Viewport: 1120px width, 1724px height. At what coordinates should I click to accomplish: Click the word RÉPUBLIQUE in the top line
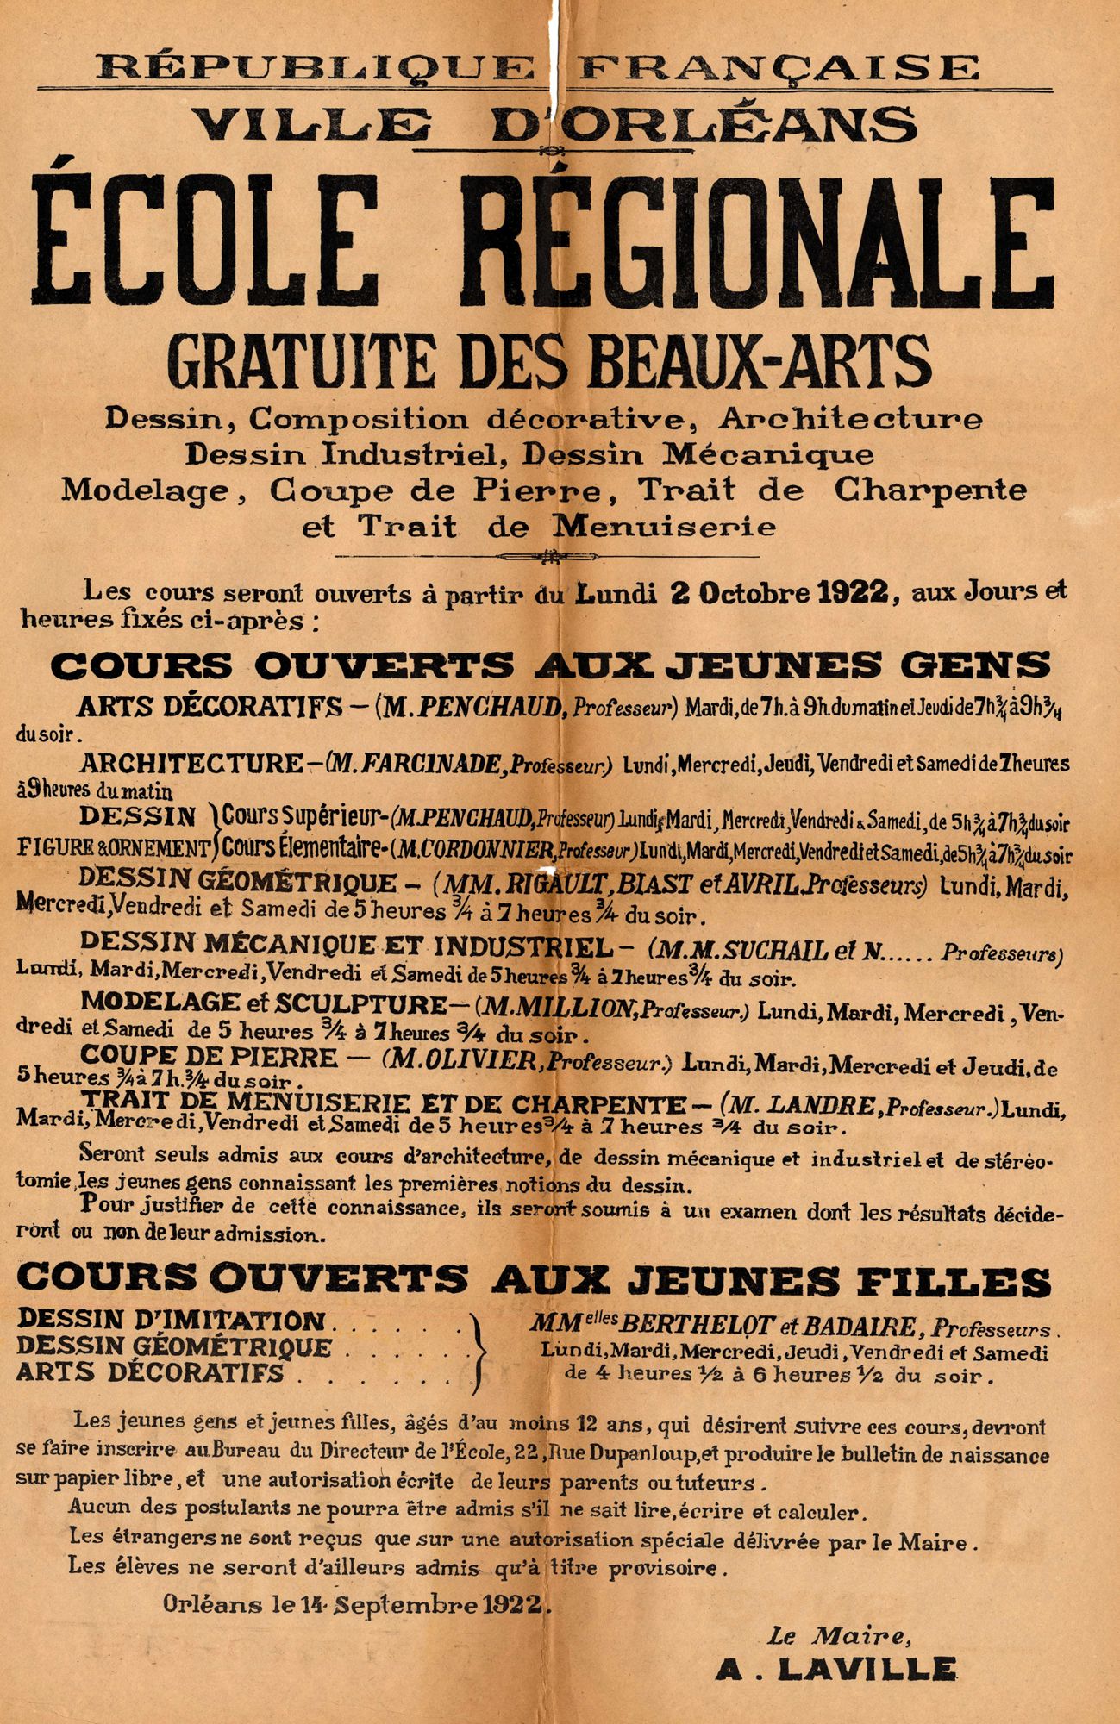click(316, 67)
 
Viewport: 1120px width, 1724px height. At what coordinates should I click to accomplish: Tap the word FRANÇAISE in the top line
click(779, 67)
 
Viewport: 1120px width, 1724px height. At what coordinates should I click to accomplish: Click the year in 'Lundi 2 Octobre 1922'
click(854, 594)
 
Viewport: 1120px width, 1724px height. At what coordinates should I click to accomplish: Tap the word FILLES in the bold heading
click(954, 1282)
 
